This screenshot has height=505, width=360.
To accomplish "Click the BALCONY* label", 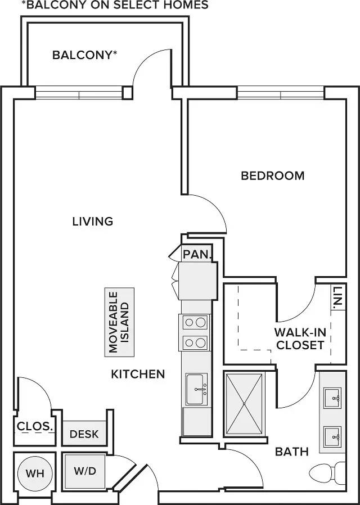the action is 84,55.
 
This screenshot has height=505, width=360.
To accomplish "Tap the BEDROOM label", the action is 273,176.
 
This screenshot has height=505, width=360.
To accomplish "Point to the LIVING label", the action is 93,222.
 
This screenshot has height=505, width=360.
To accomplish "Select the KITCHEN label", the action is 138,374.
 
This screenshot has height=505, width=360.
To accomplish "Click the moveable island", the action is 119,322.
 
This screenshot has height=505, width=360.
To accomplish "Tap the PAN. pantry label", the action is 197,255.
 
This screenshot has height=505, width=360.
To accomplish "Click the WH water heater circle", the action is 35,473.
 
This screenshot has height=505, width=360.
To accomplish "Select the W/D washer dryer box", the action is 85,471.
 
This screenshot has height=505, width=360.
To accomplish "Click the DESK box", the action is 84,433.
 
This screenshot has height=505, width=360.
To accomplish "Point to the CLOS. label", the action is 34,426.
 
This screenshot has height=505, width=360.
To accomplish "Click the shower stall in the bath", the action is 244,404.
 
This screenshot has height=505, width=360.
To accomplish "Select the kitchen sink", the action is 196,389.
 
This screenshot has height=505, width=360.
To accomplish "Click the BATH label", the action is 292,452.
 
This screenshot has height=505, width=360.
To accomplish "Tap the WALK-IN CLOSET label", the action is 300,339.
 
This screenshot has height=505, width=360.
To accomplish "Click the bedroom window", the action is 281,93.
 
